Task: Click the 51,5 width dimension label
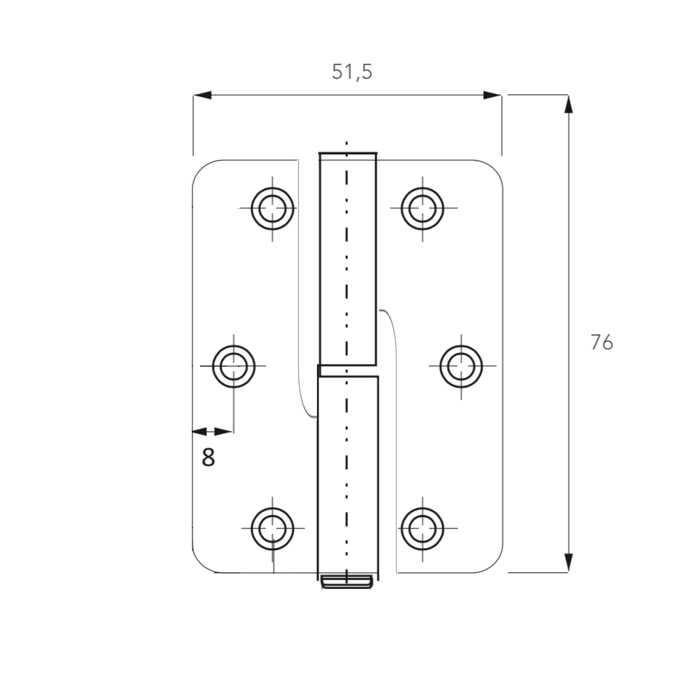pyautogui.click(x=352, y=72)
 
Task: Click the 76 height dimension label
pyautogui.click(x=601, y=343)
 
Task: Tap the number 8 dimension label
pyautogui.click(x=208, y=457)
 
